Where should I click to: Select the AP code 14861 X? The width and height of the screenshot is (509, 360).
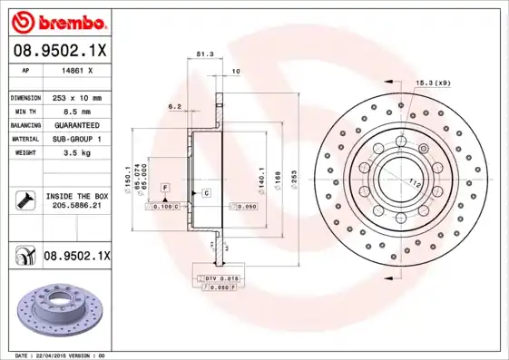tap(74, 70)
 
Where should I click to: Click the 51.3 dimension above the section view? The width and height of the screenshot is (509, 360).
tap(205, 55)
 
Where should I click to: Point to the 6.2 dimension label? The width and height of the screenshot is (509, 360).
tap(175, 106)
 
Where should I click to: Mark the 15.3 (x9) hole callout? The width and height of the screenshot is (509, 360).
tap(433, 83)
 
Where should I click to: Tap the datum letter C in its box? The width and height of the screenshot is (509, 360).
tap(206, 193)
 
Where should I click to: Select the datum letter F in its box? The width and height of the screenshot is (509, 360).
tap(165, 187)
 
